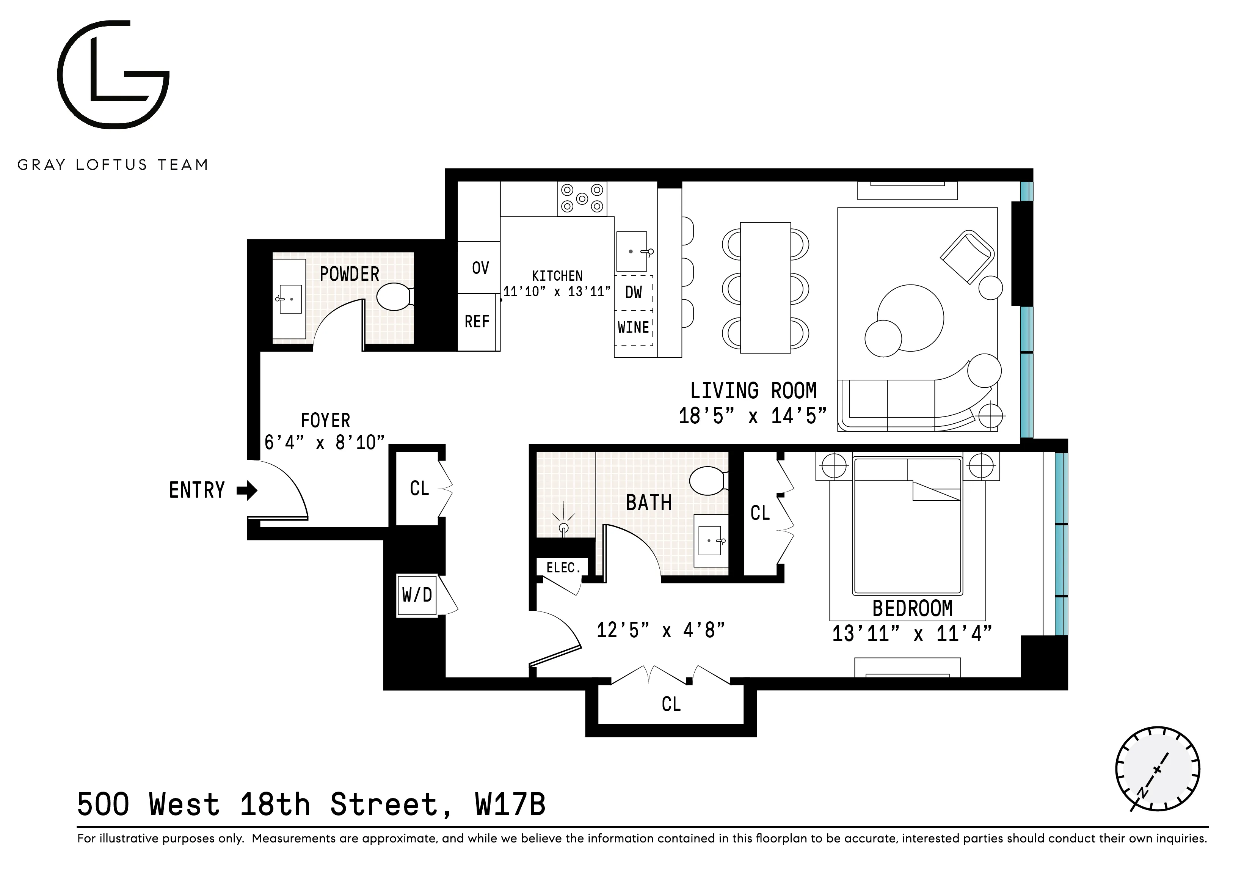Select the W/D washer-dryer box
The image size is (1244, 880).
click(x=417, y=595)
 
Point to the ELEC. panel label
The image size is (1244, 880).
click(x=563, y=568)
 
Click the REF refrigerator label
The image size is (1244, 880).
click(x=477, y=322)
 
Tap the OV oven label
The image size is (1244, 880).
click(x=480, y=268)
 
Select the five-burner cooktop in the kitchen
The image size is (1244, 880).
click(x=582, y=198)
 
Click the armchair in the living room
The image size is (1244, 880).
click(x=968, y=257)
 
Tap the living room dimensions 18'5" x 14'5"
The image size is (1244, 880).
click(x=753, y=416)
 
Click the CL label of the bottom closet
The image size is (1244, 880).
click(x=671, y=704)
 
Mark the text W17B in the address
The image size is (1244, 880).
click(x=510, y=804)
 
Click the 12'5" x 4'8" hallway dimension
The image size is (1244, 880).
click(x=660, y=630)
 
